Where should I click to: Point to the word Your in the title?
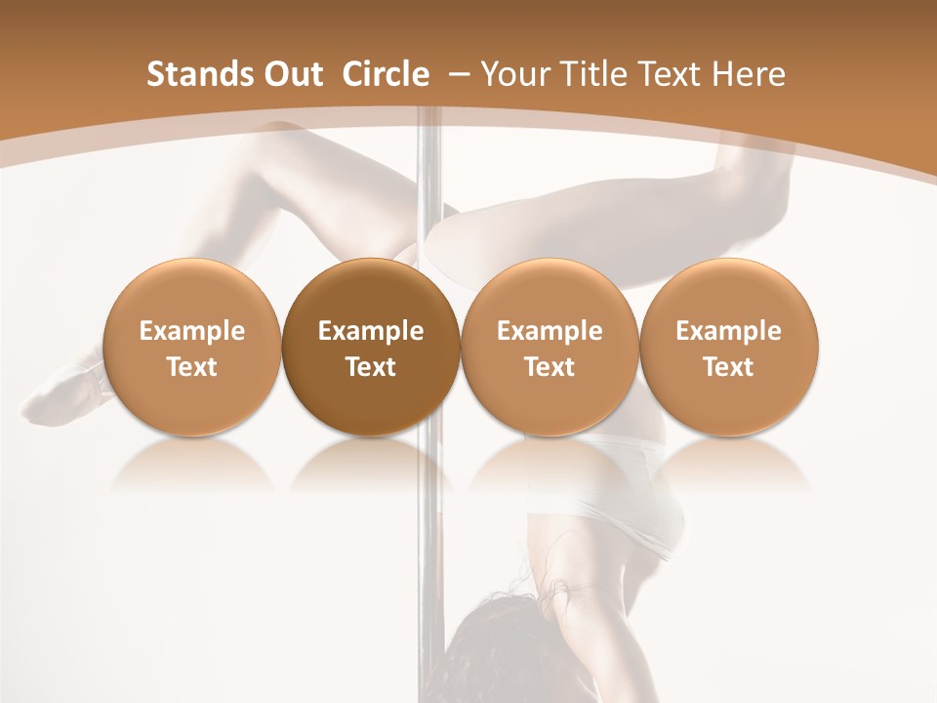[513, 74]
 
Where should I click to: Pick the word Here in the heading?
[750, 74]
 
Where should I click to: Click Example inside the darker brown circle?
[371, 331]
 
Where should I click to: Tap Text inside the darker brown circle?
[371, 367]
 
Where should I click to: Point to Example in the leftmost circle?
[191, 331]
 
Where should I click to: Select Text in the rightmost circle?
[728, 367]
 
